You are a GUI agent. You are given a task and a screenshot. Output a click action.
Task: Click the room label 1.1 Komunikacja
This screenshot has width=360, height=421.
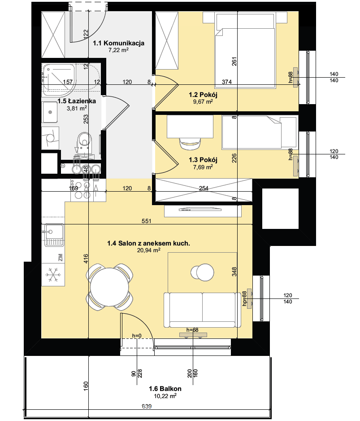click(x=118, y=43)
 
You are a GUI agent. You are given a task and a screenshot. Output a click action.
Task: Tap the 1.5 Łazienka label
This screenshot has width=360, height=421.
click(x=77, y=101)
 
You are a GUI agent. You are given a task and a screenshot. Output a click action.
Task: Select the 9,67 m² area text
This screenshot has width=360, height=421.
click(x=203, y=102)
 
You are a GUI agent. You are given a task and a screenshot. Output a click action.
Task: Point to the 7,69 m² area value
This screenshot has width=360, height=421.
click(x=203, y=167)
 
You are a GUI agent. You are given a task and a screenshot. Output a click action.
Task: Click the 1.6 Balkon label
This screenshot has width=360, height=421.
click(x=165, y=389)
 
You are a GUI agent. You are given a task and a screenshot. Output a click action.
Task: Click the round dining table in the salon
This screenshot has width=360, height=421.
click(x=109, y=287)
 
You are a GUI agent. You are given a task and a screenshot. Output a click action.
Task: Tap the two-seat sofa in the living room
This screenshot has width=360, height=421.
click(x=202, y=310)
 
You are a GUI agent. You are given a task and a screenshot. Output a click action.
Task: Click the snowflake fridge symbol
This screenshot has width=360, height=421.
click(x=53, y=275)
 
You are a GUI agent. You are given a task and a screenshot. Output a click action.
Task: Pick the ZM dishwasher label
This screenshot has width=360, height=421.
click(x=61, y=258)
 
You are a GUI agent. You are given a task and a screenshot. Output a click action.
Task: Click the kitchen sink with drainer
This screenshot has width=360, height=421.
click(x=54, y=235)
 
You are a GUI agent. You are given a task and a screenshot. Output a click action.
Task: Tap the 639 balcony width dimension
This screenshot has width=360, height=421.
click(x=147, y=406)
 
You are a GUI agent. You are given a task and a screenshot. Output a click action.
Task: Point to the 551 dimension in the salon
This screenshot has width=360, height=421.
click(x=147, y=221)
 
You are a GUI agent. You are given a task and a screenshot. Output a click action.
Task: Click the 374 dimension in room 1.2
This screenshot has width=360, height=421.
click(x=227, y=82)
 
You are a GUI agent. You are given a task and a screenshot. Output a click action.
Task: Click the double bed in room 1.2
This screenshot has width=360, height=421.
click(x=245, y=51)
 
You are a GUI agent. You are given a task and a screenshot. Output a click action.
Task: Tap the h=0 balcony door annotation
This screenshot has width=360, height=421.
click(x=137, y=336)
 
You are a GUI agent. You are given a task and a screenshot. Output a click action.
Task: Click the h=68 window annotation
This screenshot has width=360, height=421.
click(x=192, y=330)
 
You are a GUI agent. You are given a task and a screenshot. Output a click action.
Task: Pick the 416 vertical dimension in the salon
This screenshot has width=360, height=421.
click(x=86, y=259)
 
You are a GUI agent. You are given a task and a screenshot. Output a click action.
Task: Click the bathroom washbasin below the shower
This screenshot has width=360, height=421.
click(x=50, y=112)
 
